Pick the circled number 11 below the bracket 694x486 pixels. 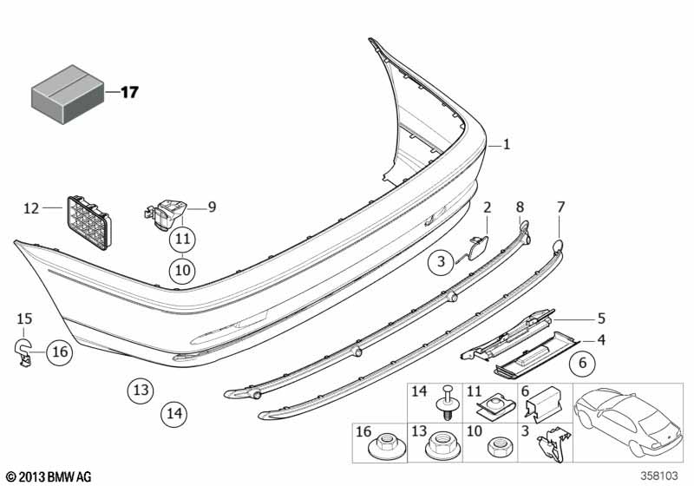click(182, 238)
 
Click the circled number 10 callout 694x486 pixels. click(182, 271)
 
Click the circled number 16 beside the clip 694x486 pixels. click(59, 351)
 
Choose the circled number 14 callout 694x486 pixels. click(173, 415)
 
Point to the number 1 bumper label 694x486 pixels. click(507, 146)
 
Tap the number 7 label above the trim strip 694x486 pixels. click(560, 207)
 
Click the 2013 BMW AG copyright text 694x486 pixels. click(48, 476)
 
